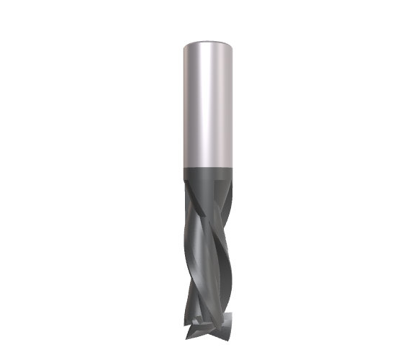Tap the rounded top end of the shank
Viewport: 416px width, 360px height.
(208, 42)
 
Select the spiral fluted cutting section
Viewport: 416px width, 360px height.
(208, 252)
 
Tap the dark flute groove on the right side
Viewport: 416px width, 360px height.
(224, 238)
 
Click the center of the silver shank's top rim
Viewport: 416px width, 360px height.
(208, 38)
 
